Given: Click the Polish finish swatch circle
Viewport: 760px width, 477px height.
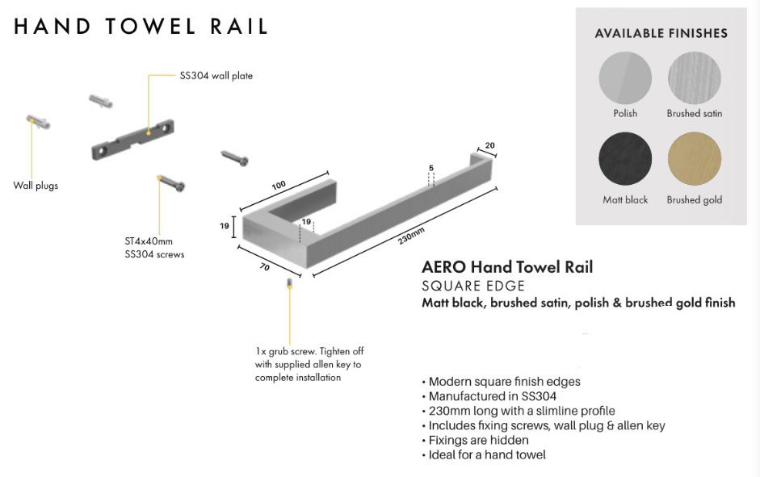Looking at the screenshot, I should coord(625,77).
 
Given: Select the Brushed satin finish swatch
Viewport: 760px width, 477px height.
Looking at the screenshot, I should coord(695,77).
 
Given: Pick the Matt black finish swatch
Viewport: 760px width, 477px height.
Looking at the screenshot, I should coord(625,161).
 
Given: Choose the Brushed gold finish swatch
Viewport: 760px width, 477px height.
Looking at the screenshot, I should coord(695,161).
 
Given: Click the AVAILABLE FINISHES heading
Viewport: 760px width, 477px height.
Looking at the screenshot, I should coord(661,34).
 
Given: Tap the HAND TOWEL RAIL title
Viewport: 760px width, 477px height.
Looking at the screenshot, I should coord(141,27).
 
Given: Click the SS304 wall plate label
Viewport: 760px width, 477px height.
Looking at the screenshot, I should coord(216,76).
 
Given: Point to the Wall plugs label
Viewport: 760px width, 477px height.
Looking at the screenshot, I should coord(36,186).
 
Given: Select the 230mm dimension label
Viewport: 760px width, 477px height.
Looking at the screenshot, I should coord(411,236).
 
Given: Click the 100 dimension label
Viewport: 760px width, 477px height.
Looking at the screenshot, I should coord(279,186).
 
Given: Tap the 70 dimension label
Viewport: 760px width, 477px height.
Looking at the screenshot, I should coord(265,267).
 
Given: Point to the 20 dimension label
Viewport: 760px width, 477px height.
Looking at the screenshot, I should coord(489,146).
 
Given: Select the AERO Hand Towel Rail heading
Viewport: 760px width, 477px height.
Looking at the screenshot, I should coord(507,267).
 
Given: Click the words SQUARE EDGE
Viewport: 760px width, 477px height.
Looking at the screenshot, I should coord(473,286).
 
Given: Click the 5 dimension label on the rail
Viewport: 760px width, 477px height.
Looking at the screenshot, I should coord(431,168).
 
